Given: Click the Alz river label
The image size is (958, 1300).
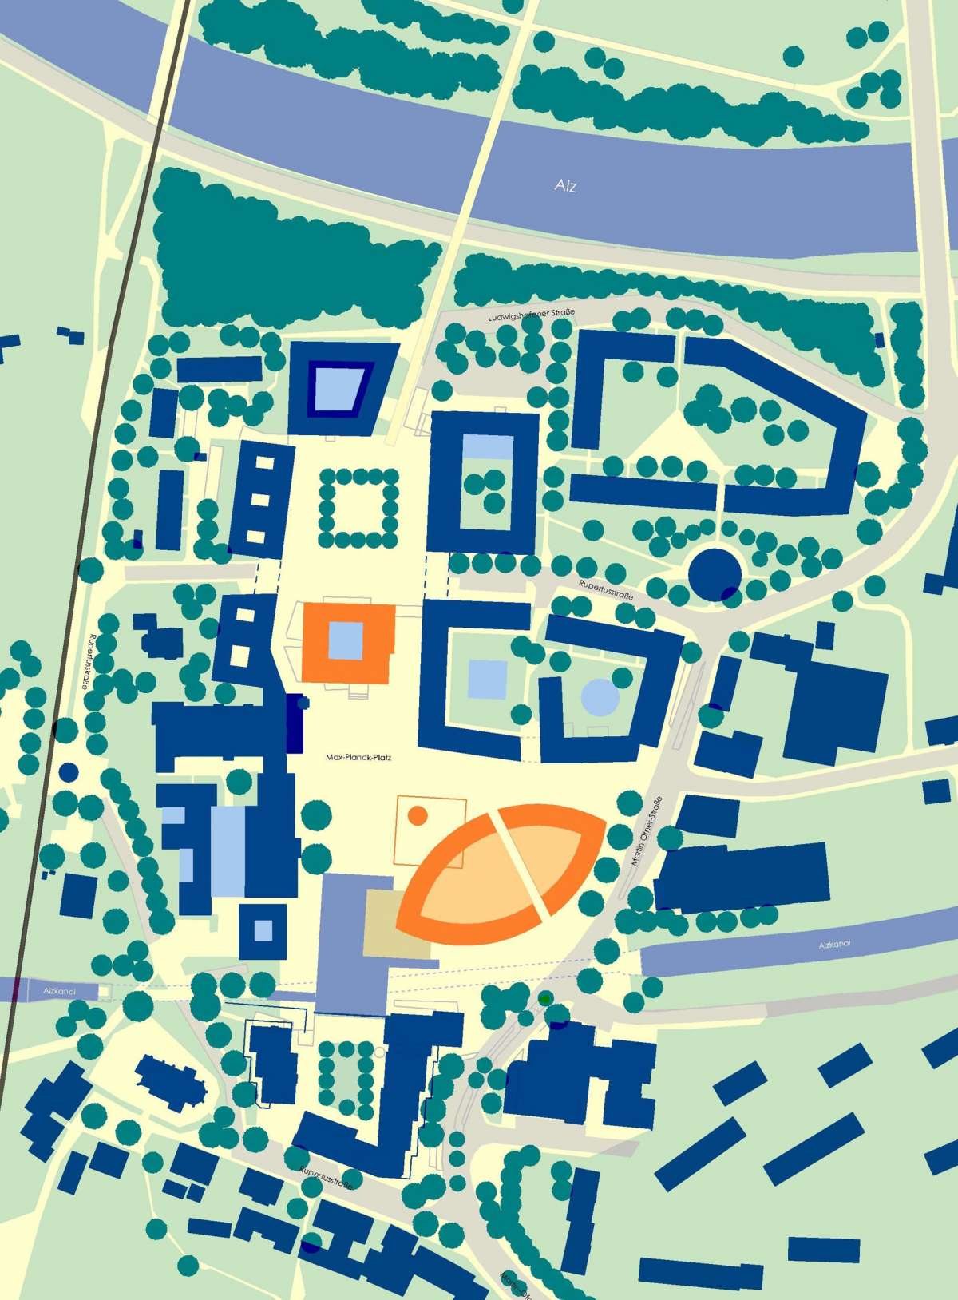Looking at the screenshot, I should (x=565, y=186).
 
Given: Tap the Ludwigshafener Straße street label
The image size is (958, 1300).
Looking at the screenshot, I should (x=531, y=317).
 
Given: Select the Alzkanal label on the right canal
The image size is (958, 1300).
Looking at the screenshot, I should (x=835, y=944).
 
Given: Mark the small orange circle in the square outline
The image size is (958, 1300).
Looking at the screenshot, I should (x=417, y=815).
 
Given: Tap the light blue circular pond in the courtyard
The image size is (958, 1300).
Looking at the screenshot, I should (x=600, y=696).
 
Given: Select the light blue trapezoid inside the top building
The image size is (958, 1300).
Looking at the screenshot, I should (x=338, y=388).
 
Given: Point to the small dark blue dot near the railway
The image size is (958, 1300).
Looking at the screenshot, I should (x=69, y=772).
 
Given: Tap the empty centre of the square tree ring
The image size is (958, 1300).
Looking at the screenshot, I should (x=359, y=505).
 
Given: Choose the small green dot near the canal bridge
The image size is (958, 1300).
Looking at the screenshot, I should (x=544, y=998).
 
